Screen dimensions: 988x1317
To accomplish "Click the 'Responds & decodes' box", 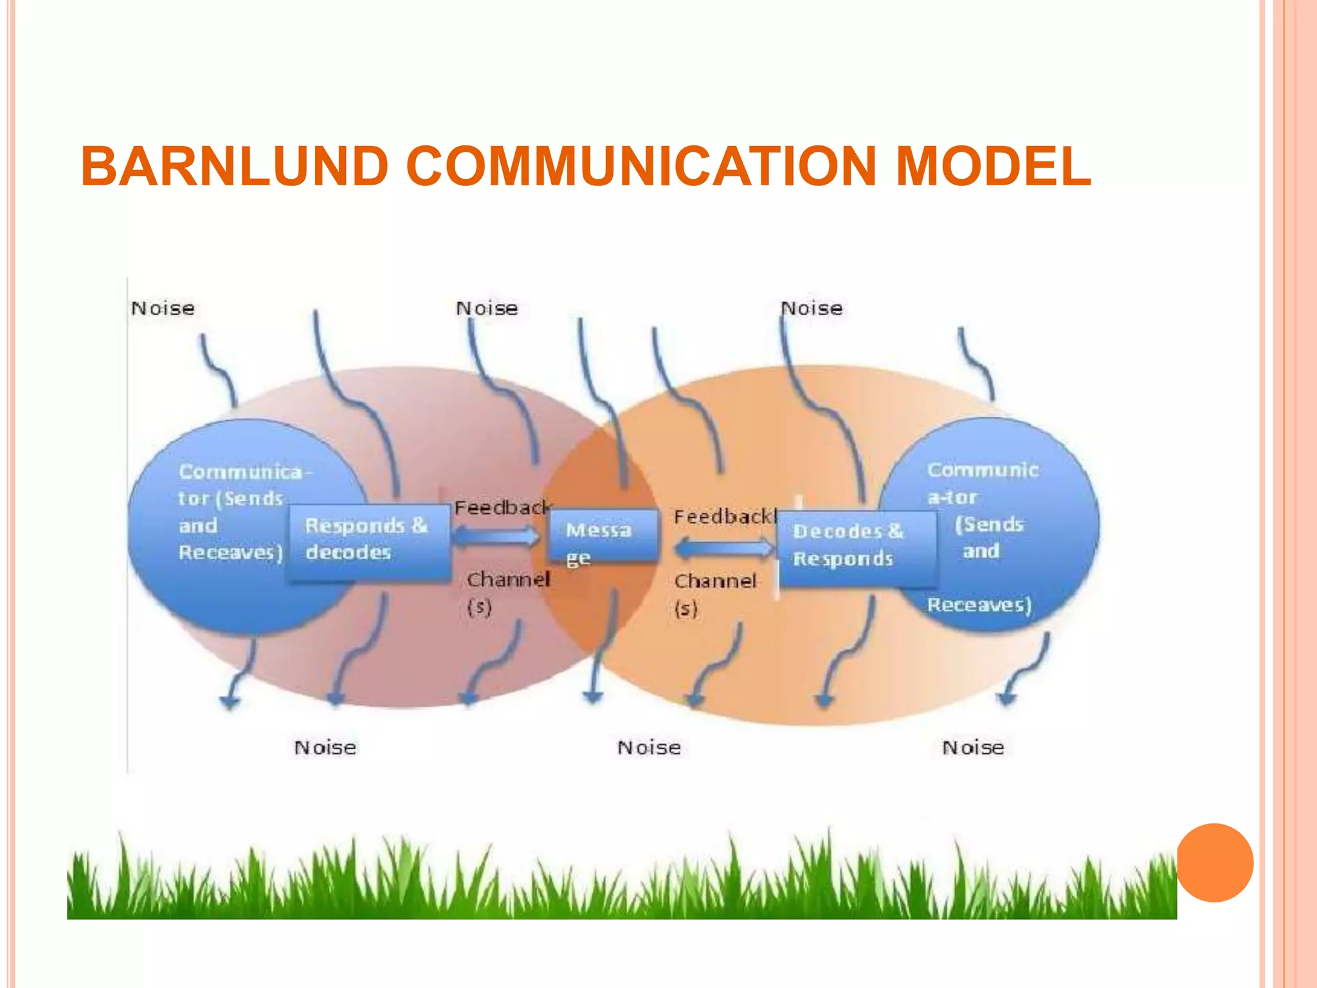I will pyautogui.click(x=368, y=542).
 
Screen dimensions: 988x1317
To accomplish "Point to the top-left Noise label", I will pyautogui.click(x=163, y=309).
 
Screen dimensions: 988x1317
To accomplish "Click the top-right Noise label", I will pyautogui.click(x=812, y=309).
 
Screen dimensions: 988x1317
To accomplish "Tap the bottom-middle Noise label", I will pyautogui.click(x=649, y=747).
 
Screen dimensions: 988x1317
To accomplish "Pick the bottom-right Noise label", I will pyautogui.click(x=973, y=747).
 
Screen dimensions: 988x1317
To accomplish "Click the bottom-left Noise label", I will pyautogui.click(x=325, y=747).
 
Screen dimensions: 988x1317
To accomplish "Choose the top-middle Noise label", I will pyautogui.click(x=487, y=309).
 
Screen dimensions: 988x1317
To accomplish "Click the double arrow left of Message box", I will pyautogui.click(x=496, y=536).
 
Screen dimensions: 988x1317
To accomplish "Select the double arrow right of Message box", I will pyautogui.click(x=724, y=549).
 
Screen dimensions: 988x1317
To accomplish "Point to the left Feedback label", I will pyautogui.click(x=502, y=508).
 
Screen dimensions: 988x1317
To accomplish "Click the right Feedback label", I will pyautogui.click(x=724, y=517).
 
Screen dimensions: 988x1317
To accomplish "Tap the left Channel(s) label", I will pyautogui.click(x=506, y=592).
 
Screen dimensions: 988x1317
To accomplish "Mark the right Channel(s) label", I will pyautogui.click(x=713, y=594).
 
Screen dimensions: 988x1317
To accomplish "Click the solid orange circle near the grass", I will pyautogui.click(x=1214, y=863).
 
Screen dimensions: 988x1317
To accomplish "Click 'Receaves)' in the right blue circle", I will pyautogui.click(x=979, y=605).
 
